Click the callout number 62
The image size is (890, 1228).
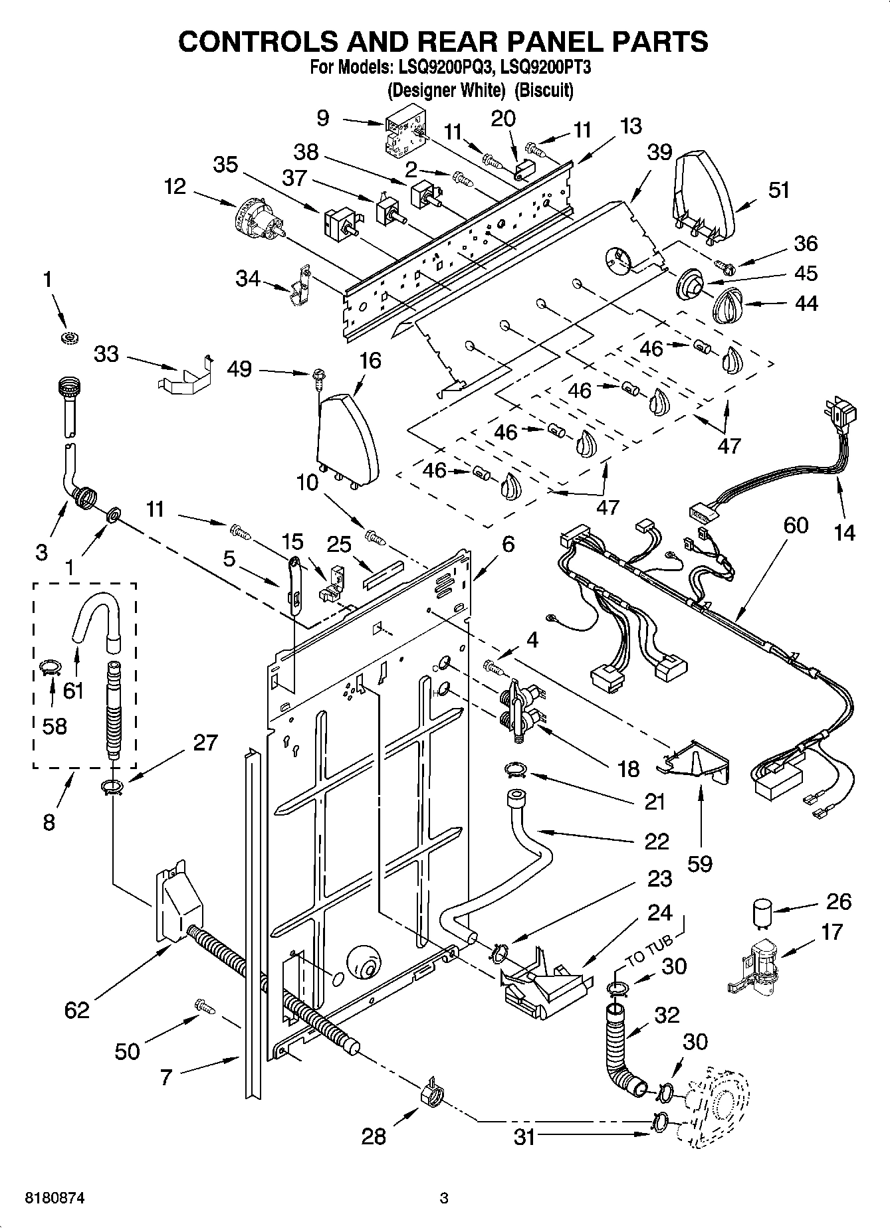pos(76,1010)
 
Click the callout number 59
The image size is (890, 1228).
pos(700,863)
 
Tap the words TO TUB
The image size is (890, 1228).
pos(650,950)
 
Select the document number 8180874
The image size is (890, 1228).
pos(55,1199)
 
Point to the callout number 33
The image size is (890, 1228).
pos(106,354)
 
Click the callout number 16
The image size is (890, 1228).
pos(370,361)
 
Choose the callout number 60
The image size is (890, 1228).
pos(795,525)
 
